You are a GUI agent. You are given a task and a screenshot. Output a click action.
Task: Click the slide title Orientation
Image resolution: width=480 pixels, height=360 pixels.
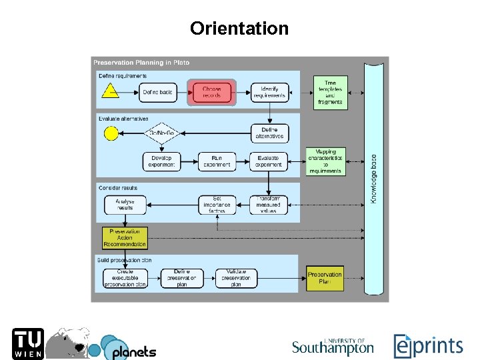pyautogui.click(x=239, y=29)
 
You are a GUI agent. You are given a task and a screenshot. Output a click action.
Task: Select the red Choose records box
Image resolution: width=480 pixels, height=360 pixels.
pyautogui.click(x=212, y=93)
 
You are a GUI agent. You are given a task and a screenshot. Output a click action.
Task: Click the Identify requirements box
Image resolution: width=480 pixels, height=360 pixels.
pyautogui.click(x=269, y=93)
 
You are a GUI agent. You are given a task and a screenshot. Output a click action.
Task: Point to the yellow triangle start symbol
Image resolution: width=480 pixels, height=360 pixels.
pyautogui.click(x=111, y=91)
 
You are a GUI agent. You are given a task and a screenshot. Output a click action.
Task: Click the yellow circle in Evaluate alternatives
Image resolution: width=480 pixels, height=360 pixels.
pyautogui.click(x=111, y=134)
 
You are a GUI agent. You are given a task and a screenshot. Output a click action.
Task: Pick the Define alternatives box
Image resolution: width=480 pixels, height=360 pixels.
pyautogui.click(x=269, y=133)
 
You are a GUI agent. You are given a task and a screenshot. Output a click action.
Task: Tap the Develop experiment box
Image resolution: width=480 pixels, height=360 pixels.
pyautogui.click(x=161, y=161)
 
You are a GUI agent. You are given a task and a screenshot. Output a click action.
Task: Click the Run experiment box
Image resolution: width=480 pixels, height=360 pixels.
pyautogui.click(x=217, y=161)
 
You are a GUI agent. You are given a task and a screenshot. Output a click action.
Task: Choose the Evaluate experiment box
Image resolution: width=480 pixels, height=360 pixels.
pyautogui.click(x=269, y=161)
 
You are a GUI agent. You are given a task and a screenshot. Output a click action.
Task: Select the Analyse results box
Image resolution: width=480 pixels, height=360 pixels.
pyautogui.click(x=125, y=205)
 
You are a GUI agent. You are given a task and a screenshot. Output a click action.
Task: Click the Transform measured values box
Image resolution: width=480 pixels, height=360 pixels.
pyautogui.click(x=269, y=205)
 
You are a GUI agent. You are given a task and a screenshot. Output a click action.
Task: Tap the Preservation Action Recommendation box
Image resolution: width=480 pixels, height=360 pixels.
pyautogui.click(x=125, y=238)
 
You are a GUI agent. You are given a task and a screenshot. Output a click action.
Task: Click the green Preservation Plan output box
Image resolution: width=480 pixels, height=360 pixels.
pyautogui.click(x=325, y=278)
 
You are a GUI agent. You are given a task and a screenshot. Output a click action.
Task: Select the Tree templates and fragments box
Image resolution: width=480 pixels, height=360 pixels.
pyautogui.click(x=330, y=93)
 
